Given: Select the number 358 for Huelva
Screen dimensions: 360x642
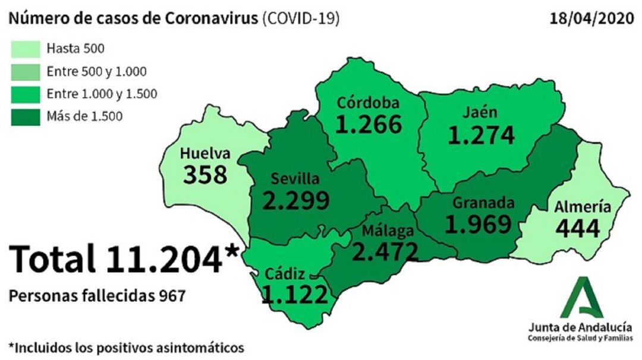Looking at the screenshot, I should pyautogui.click(x=205, y=175).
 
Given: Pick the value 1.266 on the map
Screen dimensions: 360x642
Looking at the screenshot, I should pyautogui.click(x=369, y=124).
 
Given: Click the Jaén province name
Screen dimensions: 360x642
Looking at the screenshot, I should pyautogui.click(x=481, y=113).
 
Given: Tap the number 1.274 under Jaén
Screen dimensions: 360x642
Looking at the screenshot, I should pyautogui.click(x=481, y=135).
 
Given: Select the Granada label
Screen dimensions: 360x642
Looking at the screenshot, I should pyautogui.click(x=483, y=203).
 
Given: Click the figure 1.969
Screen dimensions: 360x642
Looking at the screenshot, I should pyautogui.click(x=479, y=225).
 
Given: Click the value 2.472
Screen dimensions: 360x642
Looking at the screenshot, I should pyautogui.click(x=385, y=252).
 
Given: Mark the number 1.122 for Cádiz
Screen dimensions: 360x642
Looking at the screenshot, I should pyautogui.click(x=295, y=295).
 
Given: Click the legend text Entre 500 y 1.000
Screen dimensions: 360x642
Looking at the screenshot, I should pyautogui.click(x=96, y=72).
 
